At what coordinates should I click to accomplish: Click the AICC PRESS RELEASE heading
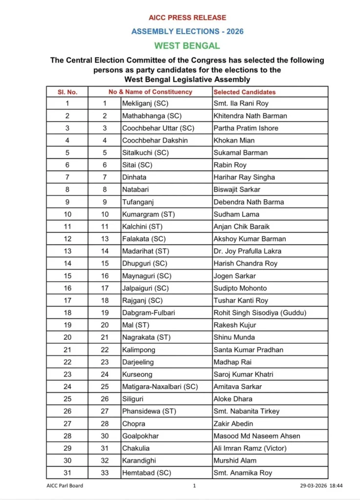pyautogui.click(x=187, y=18)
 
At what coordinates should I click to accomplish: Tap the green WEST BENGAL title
pyautogui.click(x=187, y=46)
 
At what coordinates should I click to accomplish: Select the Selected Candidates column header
pyautogui.click(x=245, y=92)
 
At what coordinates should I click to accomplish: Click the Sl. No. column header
pyautogui.click(x=67, y=92)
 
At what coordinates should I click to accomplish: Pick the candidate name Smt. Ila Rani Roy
pyautogui.click(x=241, y=104)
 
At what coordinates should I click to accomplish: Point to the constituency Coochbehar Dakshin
pyautogui.click(x=155, y=141)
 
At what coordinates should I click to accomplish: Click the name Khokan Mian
pyautogui.click(x=234, y=141)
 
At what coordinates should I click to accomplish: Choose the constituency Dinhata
pyautogui.click(x=134, y=177)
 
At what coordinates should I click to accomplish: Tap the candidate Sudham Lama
pyautogui.click(x=236, y=214)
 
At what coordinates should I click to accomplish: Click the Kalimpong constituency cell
pyautogui.click(x=138, y=350)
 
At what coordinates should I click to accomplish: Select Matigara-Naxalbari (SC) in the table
pyautogui.click(x=160, y=387)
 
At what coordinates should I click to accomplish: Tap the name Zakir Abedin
pyautogui.click(x=233, y=424)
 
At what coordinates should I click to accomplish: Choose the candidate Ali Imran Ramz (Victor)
pyautogui.click(x=250, y=448)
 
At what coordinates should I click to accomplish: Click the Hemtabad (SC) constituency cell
pyautogui.click(x=147, y=473)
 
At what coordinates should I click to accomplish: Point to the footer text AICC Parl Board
pyautogui.click(x=61, y=486)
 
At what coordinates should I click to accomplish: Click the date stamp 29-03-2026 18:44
pyautogui.click(x=321, y=486)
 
